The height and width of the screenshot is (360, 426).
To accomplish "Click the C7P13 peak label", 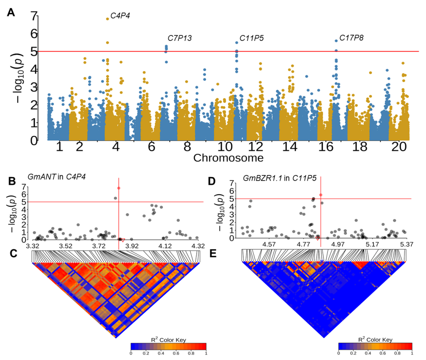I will coord(180,38).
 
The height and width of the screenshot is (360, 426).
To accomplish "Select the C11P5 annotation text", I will coord(251,38).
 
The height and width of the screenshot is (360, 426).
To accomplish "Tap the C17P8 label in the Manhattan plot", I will coord(351,38).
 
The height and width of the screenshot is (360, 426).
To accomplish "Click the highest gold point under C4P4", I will coord(107,19).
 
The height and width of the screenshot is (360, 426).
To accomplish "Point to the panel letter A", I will coord(11,13).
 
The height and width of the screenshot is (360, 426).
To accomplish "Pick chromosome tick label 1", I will coord(60,148).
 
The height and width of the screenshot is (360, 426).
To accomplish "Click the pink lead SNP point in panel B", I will coord(119,188).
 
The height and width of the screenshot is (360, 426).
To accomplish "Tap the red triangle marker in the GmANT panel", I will coord(123,240).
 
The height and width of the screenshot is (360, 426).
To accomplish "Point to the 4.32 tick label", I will coord(198,246).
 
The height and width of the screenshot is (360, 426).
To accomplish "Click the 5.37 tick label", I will coord(407,244).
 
